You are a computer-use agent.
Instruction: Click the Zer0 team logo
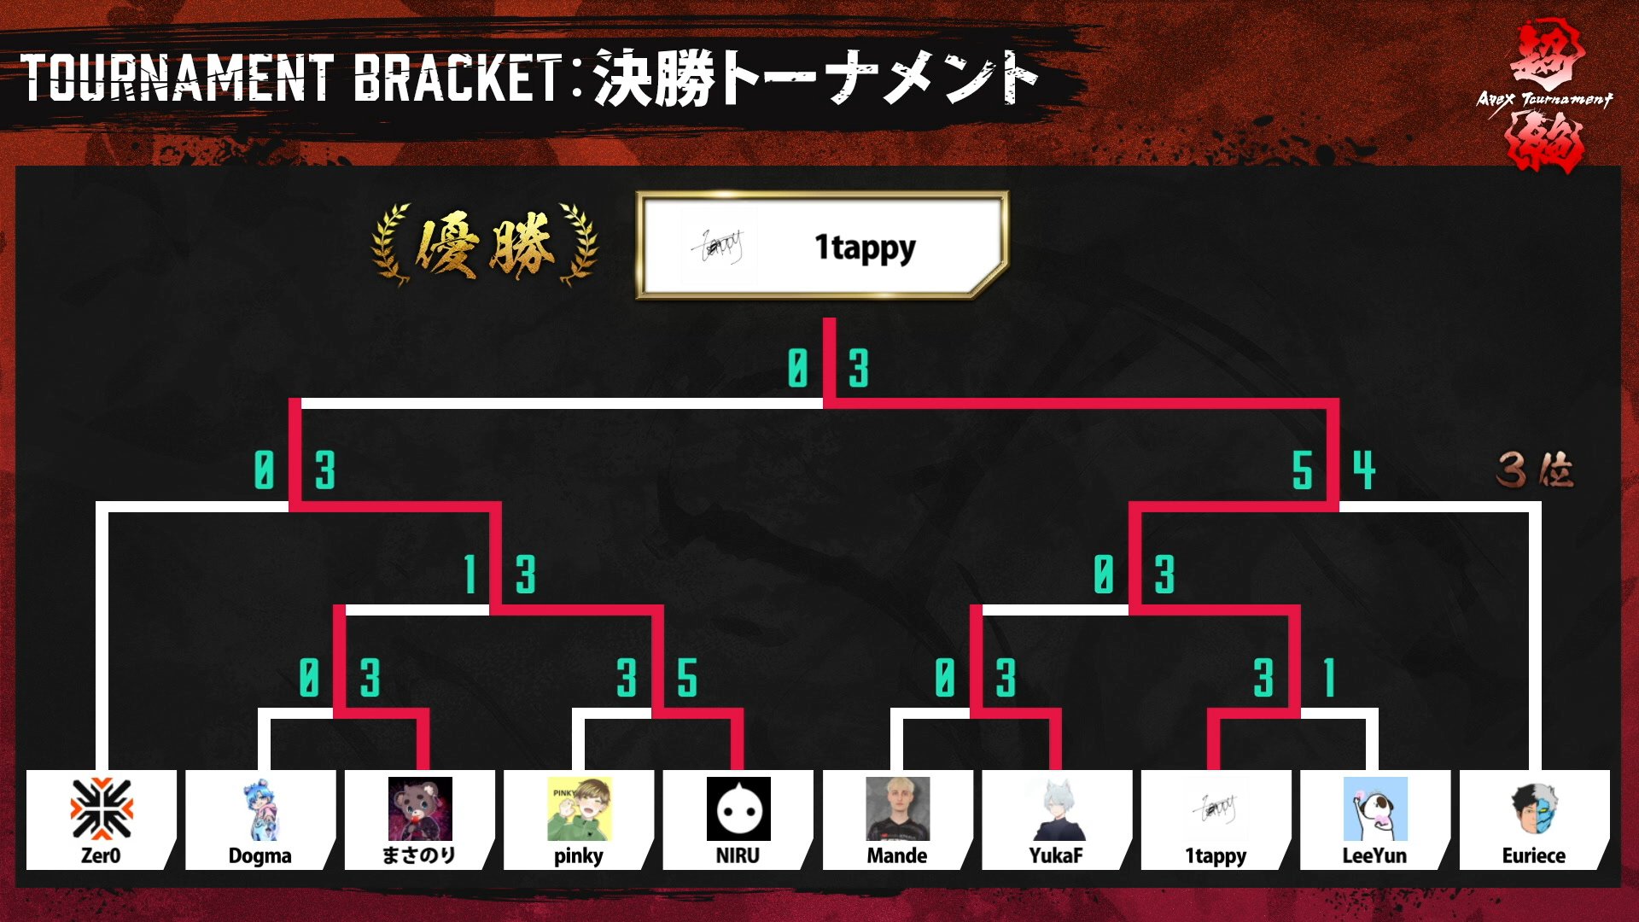(102, 808)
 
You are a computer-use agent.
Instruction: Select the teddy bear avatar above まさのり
(419, 808)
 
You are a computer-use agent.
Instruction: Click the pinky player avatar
(579, 808)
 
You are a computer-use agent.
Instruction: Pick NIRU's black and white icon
(738, 808)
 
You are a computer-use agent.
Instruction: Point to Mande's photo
(897, 808)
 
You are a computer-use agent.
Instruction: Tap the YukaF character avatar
(1057, 808)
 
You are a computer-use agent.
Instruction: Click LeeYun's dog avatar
(1374, 808)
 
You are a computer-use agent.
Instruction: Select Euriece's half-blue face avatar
(1534, 808)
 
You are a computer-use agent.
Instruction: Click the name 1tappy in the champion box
(865, 248)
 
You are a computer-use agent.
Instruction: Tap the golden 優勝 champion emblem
(485, 246)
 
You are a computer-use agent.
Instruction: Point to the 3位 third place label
(1535, 470)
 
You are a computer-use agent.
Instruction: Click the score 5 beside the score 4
(1302, 470)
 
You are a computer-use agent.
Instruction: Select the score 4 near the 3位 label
(1363, 470)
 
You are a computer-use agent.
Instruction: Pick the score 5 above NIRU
(687, 679)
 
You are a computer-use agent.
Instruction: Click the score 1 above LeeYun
(1328, 679)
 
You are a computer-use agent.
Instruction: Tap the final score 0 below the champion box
(797, 369)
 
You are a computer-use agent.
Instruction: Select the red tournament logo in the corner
(1545, 98)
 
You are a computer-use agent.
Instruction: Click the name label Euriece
(1534, 855)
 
